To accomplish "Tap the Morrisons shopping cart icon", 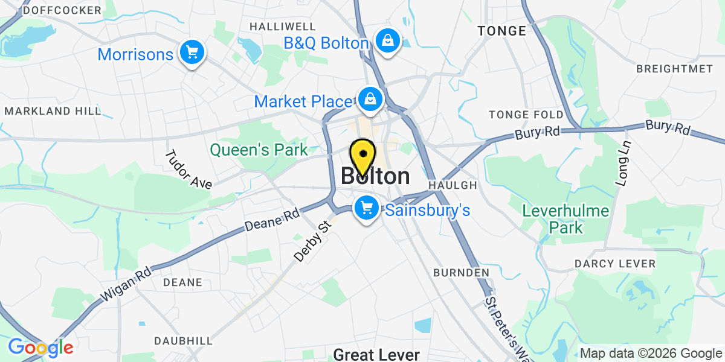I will pos(192,52).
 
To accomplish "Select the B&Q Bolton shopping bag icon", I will pos(386,41).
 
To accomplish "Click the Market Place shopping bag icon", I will pos(369,98).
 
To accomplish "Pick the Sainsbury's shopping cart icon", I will pos(366,208).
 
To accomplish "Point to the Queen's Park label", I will pos(259,150).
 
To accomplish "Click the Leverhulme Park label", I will pos(553,219).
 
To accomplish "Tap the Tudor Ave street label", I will pos(188,169).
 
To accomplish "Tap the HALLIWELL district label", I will pos(283,27).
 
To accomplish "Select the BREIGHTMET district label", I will pos(674,69).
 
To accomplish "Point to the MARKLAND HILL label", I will pos(53,111).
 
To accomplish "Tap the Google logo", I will pos(40,348).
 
